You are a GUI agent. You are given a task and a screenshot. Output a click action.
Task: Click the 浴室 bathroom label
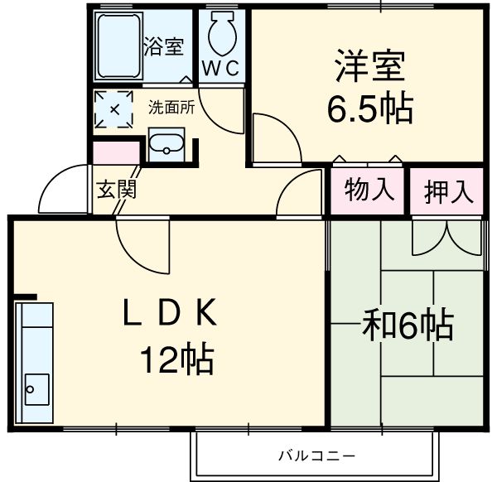click(163, 46)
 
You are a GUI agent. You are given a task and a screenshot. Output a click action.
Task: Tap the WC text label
click(221, 70)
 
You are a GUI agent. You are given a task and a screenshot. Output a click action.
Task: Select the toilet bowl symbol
click(221, 35)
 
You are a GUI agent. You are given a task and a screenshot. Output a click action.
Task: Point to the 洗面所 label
click(171, 107)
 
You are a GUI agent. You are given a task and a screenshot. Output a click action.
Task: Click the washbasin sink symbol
click(168, 144)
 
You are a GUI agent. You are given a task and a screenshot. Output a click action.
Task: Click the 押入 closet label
click(448, 191)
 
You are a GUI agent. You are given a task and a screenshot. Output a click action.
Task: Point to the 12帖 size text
click(176, 360)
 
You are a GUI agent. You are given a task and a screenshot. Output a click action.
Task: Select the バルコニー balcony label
click(316, 455)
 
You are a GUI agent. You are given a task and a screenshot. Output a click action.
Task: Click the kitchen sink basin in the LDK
click(35, 386)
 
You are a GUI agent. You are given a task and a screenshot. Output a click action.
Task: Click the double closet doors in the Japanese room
click(447, 237)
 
